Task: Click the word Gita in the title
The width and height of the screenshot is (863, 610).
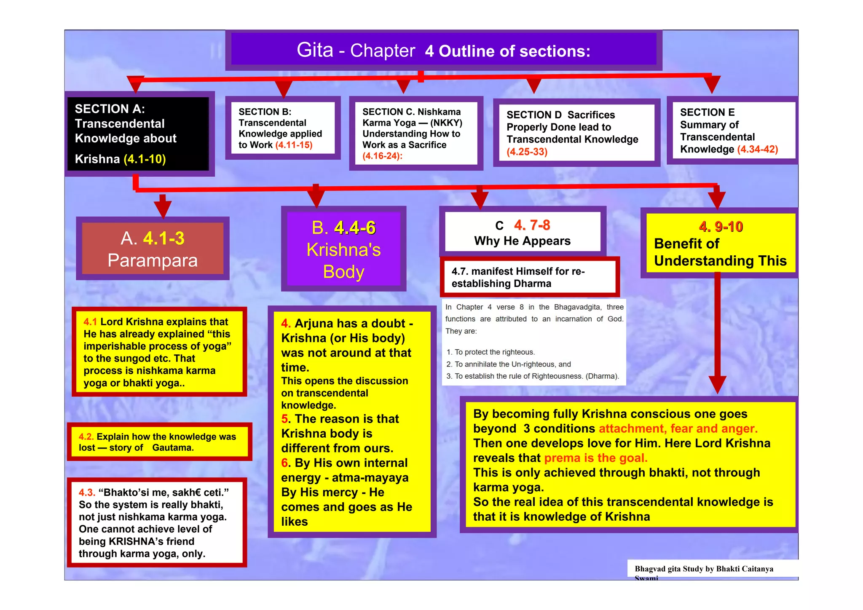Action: click(315, 50)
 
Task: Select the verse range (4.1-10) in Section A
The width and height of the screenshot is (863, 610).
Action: click(145, 159)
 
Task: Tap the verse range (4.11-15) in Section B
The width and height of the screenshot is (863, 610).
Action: click(294, 145)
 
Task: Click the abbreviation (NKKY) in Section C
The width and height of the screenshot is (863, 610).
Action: click(446, 123)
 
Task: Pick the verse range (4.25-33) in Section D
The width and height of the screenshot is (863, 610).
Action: click(527, 152)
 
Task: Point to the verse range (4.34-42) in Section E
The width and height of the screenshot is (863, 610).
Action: click(757, 150)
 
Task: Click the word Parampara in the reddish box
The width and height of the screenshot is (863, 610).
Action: click(153, 260)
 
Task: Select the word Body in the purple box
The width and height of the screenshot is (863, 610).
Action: click(343, 272)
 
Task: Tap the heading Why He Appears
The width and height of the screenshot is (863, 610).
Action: click(522, 241)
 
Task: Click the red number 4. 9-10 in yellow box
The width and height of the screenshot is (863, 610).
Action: click(721, 227)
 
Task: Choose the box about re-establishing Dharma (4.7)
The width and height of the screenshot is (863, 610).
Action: click(530, 277)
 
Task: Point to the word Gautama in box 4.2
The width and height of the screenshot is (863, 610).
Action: click(173, 448)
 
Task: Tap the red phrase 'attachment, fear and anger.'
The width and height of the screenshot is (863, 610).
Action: click(678, 429)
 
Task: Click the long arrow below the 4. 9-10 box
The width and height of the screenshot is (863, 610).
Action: click(717, 333)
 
